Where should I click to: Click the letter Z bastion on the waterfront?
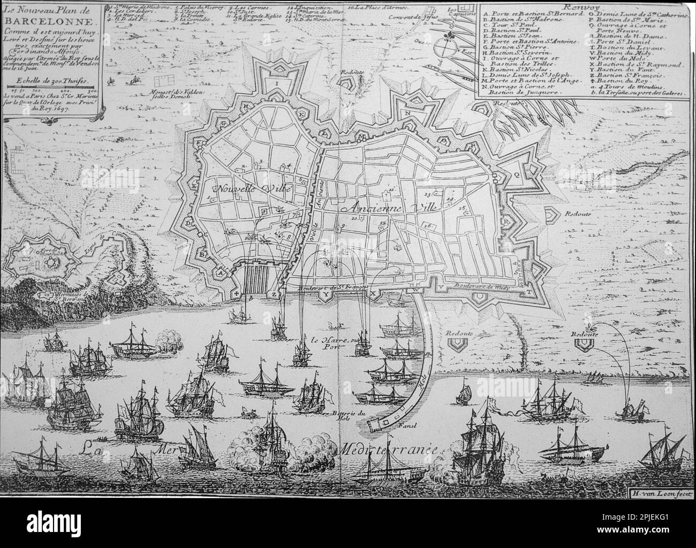coord(275,294)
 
